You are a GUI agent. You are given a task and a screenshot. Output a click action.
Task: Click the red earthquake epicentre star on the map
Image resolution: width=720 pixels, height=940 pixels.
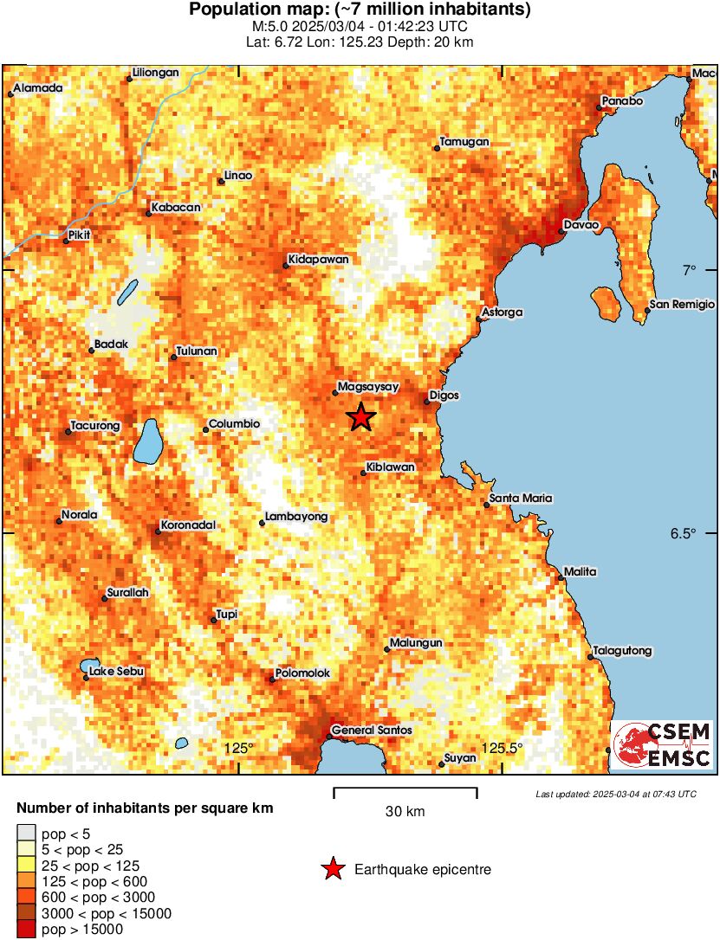pyautogui.click(x=361, y=417)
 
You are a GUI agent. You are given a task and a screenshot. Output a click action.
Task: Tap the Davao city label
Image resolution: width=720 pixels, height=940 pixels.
pyautogui.click(x=580, y=225)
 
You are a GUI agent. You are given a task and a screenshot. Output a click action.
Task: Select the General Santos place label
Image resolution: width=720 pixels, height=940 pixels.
pyautogui.click(x=372, y=731)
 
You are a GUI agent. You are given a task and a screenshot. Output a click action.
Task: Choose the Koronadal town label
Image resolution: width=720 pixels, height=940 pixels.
pyautogui.click(x=188, y=525)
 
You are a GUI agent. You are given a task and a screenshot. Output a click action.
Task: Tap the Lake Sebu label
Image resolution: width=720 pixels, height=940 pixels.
pyautogui.click(x=117, y=671)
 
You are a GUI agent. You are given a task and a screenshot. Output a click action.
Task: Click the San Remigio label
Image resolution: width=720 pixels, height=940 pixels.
pyautogui.click(x=683, y=305)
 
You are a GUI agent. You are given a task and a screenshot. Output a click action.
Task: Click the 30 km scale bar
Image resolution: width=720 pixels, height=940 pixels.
pyautogui.click(x=405, y=789)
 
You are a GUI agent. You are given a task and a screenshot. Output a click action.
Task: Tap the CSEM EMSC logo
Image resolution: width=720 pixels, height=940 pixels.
pyautogui.click(x=663, y=745)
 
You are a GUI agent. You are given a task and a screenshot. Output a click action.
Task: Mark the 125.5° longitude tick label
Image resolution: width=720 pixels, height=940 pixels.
pyautogui.click(x=503, y=748)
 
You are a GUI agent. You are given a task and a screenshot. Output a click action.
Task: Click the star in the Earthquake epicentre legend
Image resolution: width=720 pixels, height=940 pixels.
pyautogui.click(x=333, y=869)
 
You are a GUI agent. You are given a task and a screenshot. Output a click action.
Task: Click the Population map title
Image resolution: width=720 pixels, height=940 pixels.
pyautogui.click(x=360, y=10)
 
